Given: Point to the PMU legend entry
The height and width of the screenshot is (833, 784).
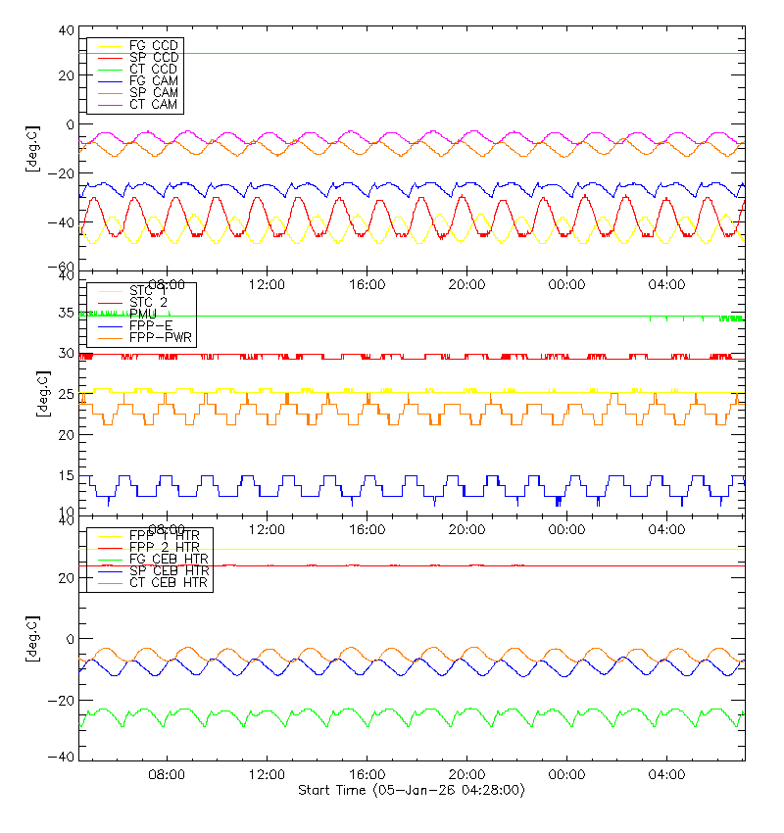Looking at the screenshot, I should tap(143, 314).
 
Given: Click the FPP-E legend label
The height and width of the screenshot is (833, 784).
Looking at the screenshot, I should tap(149, 325).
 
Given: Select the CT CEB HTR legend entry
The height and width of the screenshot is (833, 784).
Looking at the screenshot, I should tap(169, 583).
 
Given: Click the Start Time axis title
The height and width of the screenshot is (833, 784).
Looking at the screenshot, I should tap(412, 790).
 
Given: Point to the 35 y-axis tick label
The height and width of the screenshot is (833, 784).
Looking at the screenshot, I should tap(65, 314).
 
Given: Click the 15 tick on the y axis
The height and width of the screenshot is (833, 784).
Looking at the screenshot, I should tap(65, 475).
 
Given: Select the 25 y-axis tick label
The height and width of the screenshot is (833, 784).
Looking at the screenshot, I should tap(65, 394).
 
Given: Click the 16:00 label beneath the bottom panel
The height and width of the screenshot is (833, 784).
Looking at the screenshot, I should tap(366, 774).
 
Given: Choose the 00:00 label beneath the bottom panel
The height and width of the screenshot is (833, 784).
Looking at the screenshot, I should tap(565, 774).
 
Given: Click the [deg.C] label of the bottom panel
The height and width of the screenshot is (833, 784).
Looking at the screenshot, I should tap(32, 639).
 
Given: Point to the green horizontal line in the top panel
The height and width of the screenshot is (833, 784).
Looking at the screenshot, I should tap(441, 53).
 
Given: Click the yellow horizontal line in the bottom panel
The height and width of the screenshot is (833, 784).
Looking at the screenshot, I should tap(441, 549).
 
